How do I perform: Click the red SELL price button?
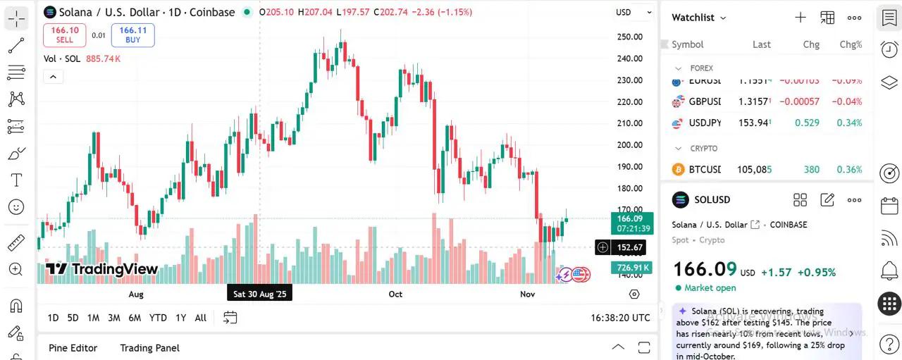click(x=64, y=35)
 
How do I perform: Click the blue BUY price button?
click(x=132, y=35)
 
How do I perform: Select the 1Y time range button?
click(x=181, y=318)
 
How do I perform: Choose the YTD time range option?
click(x=158, y=318)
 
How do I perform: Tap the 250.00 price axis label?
click(x=629, y=37)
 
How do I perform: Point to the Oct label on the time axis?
click(x=395, y=294)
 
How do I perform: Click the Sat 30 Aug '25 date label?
click(x=259, y=294)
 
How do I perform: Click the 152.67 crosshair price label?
click(x=629, y=247)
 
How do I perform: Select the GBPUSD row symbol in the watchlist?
click(x=705, y=101)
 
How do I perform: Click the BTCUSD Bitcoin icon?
click(x=678, y=170)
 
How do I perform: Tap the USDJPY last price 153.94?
click(x=753, y=123)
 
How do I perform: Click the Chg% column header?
click(x=851, y=44)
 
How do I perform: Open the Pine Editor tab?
click(x=73, y=348)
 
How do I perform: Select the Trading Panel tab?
click(x=149, y=348)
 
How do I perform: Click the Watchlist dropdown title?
click(x=698, y=18)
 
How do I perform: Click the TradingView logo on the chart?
click(x=102, y=269)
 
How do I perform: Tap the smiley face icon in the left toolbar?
click(x=16, y=207)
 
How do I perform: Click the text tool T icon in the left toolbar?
click(x=16, y=180)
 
